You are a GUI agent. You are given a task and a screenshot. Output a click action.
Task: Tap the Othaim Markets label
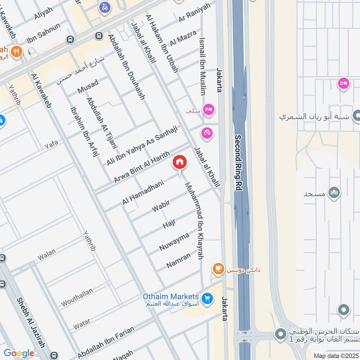click(x=171, y=297)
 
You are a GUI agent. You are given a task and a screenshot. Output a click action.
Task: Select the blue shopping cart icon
click(x=207, y=298)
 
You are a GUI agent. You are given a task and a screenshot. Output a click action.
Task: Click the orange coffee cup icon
click(x=219, y=269)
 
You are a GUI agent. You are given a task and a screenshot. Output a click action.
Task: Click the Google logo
click(x=19, y=353)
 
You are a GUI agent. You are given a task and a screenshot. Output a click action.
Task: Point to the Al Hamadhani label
click(x=143, y=191)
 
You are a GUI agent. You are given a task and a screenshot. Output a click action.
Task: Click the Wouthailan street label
click(x=77, y=297)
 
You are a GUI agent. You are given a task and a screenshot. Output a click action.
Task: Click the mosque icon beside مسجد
click(x=334, y=193)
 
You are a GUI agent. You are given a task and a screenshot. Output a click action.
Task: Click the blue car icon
click(x=104, y=8)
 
